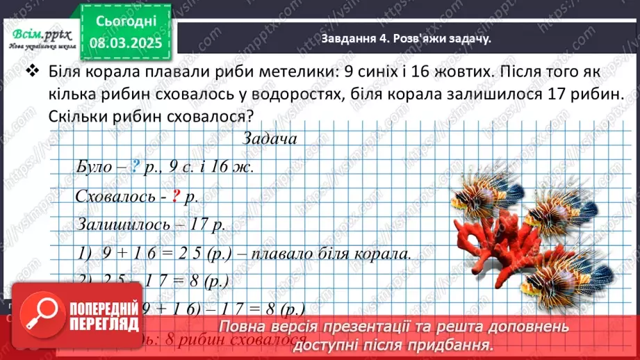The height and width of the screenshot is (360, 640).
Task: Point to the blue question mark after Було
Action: click(x=137, y=167)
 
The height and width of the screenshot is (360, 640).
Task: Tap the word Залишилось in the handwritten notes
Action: click(x=116, y=224)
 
